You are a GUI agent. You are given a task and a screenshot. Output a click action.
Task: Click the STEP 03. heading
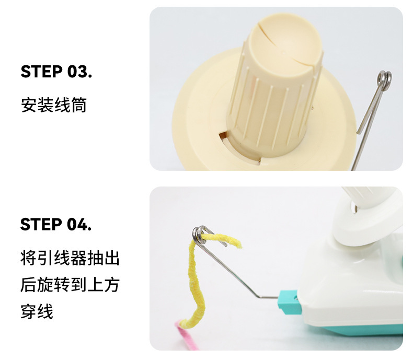(x=56, y=72)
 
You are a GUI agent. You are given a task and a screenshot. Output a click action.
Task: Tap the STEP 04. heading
(x=56, y=224)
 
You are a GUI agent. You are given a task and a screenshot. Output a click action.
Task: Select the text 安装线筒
(x=54, y=105)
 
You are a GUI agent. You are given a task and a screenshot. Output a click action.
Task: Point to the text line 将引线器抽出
(x=70, y=258)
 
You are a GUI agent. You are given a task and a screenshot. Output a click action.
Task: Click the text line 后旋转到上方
(x=70, y=285)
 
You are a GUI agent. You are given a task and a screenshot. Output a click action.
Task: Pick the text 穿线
(x=37, y=311)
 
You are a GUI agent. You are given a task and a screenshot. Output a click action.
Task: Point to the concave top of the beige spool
(x=286, y=44)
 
